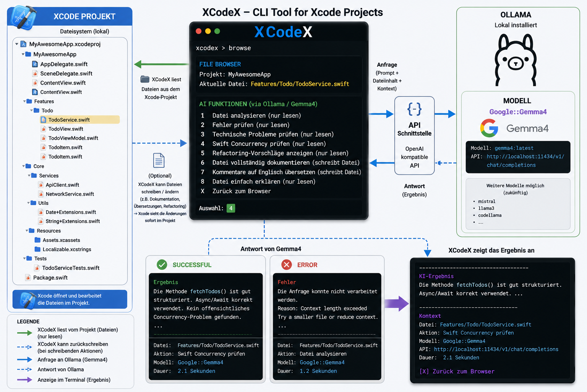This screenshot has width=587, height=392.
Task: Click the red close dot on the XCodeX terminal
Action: (199, 31)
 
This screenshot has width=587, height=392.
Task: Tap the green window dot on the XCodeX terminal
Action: (217, 31)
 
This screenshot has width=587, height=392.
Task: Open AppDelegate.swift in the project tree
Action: (64, 64)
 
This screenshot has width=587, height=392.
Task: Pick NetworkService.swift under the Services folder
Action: (70, 194)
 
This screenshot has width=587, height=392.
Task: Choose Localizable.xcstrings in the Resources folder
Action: (67, 249)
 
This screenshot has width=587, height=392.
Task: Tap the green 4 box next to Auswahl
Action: (230, 208)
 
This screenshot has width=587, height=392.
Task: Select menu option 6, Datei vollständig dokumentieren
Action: (286, 163)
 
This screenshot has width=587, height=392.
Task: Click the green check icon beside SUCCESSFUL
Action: (162, 265)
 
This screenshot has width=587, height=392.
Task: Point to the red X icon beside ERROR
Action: (287, 265)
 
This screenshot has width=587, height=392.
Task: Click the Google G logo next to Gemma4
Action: (489, 128)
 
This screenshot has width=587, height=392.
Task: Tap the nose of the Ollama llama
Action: (516, 64)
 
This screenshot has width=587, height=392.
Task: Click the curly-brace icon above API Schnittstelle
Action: (414, 109)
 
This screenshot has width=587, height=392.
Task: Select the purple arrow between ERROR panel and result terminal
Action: (397, 304)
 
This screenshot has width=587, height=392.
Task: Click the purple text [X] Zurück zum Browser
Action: (457, 371)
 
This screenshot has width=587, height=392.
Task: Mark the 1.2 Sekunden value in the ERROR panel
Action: (318, 371)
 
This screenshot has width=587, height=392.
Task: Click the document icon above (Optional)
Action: (159, 160)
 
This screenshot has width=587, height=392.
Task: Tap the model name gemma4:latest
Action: (514, 148)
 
